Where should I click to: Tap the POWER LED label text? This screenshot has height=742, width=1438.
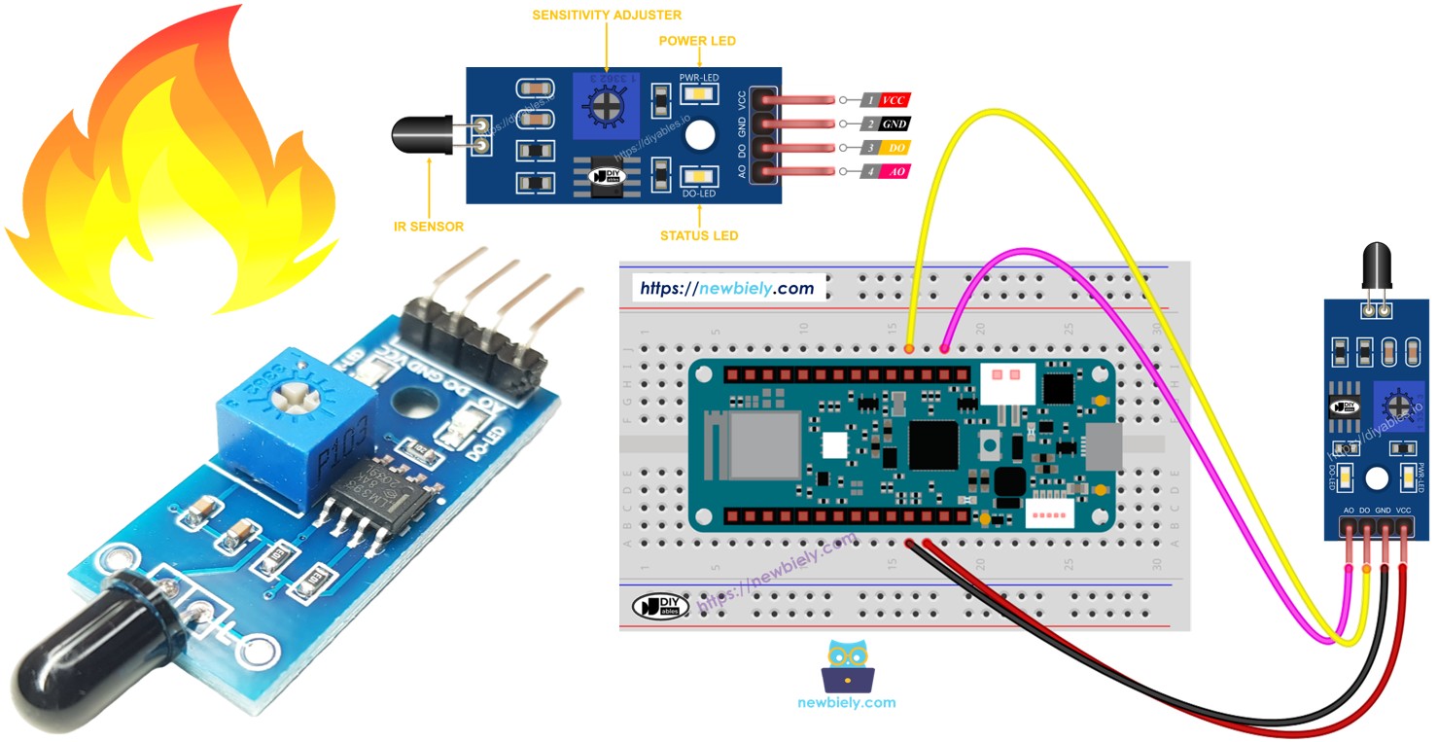point(697,41)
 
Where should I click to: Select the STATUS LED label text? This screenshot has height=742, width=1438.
point(698,235)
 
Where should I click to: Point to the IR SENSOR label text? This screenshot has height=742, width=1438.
point(429,227)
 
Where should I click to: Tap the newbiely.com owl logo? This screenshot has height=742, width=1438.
point(847,667)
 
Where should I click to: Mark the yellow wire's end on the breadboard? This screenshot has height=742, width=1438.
point(909,348)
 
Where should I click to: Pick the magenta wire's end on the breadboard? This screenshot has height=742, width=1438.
point(944,348)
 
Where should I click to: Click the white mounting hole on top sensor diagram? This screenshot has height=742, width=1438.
point(699,136)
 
